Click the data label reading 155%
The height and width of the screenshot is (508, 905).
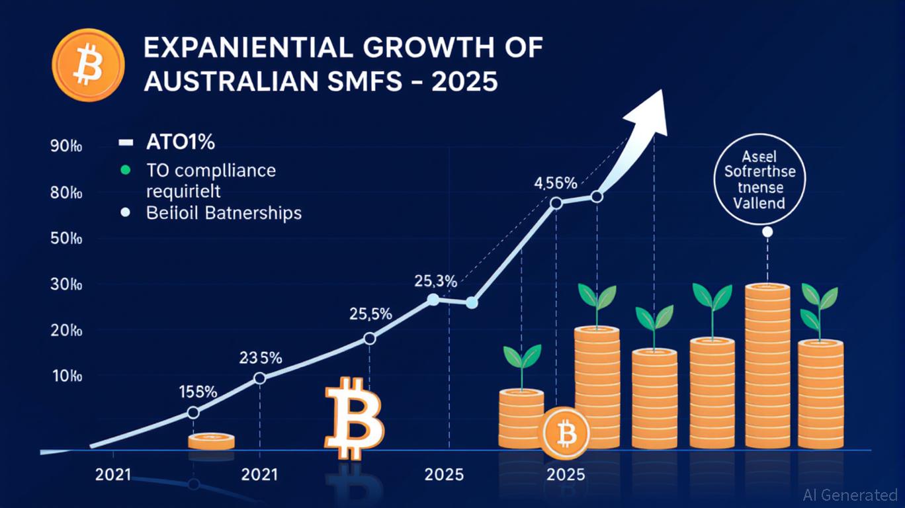click(198, 391)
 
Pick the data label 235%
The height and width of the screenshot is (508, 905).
click(260, 359)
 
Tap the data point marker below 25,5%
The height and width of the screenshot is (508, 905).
click(370, 339)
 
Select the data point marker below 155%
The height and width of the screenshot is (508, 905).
click(193, 412)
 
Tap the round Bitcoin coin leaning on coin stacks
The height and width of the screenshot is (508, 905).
click(566, 434)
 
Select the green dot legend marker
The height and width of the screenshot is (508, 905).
click(123, 170)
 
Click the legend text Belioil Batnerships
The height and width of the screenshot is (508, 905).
click(224, 213)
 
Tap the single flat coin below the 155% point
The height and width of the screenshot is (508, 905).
click(211, 441)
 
